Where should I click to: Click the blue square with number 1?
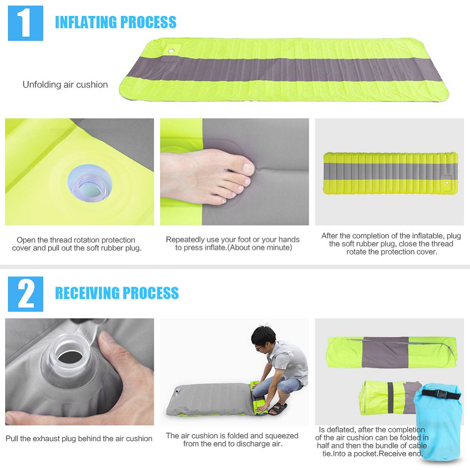[25, 23]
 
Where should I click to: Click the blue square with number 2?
[25, 294]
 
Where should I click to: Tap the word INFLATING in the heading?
[86, 22]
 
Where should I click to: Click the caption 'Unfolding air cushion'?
[65, 85]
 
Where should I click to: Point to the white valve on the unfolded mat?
[171, 51]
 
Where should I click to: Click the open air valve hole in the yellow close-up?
[90, 183]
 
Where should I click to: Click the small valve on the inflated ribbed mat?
[447, 182]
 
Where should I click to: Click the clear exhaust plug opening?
[70, 356]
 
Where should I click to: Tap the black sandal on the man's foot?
[278, 408]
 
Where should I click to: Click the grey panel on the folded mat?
[385, 352]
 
